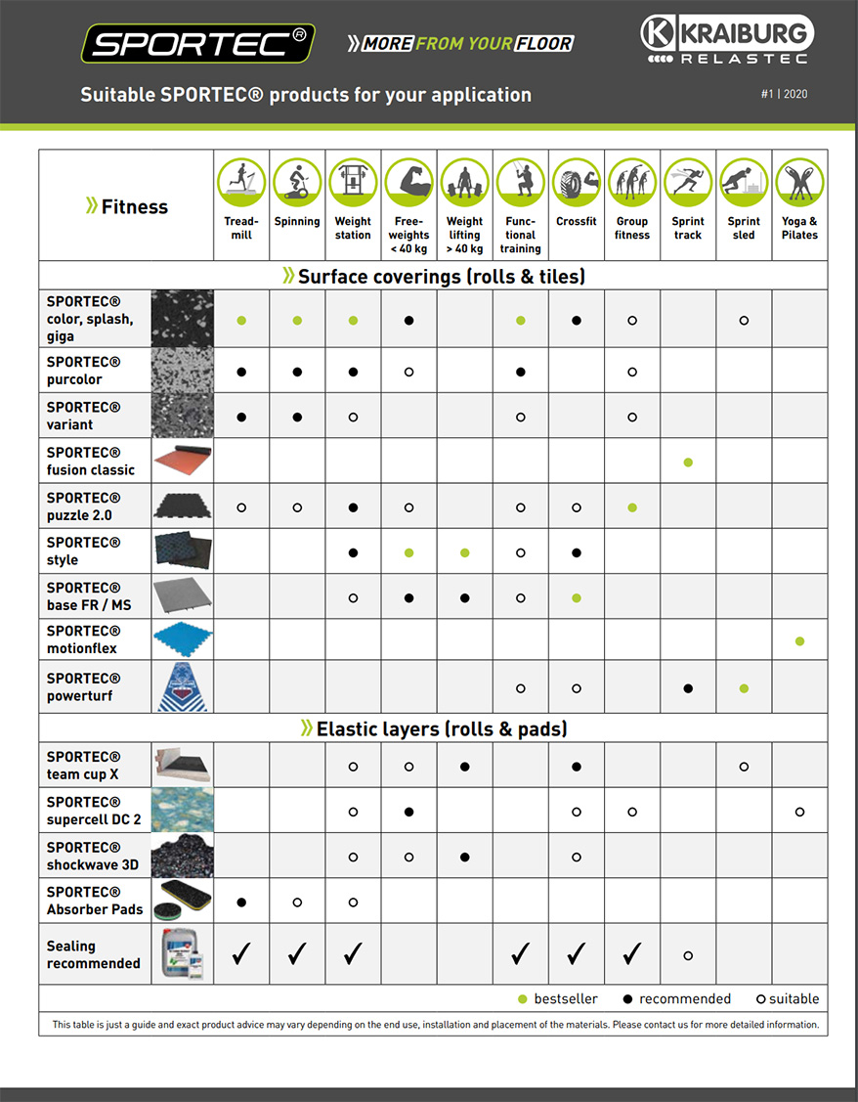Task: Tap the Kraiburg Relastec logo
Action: point(725,40)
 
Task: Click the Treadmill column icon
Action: point(241,182)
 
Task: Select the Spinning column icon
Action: point(297,182)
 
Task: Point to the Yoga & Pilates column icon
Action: point(799,182)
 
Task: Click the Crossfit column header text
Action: point(577,222)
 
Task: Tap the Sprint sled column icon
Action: point(744,182)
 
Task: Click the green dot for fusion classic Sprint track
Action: point(688,462)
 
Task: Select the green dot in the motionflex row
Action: point(799,641)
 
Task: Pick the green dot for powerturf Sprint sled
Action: point(744,688)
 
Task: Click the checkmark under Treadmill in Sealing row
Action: point(241,953)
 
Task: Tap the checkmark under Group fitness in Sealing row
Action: point(632,953)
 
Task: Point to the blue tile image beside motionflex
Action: point(182,640)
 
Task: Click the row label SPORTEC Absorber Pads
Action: point(95,901)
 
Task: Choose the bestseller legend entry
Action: point(558,998)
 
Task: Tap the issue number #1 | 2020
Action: point(784,95)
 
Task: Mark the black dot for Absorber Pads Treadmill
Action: point(241,902)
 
